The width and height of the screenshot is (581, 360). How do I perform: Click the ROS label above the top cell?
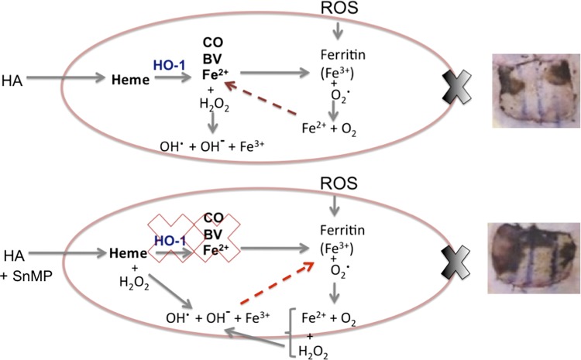tap(337, 10)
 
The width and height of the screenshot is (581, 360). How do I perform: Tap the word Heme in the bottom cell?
tap(128, 252)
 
